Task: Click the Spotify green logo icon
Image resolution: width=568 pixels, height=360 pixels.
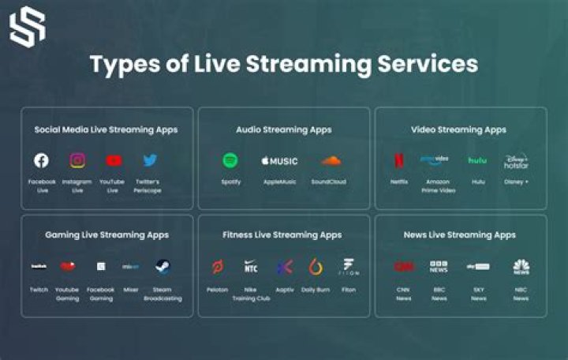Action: [x=230, y=160]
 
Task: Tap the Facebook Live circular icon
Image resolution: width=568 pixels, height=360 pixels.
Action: [x=41, y=160]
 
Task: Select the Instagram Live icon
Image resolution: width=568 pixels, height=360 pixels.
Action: [x=77, y=160]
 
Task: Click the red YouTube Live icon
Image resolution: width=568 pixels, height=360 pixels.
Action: [x=114, y=160]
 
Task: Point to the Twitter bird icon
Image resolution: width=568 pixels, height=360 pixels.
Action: [x=150, y=160]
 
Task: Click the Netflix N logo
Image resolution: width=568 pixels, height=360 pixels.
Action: [x=399, y=160]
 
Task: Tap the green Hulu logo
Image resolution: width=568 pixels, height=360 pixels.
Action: [x=477, y=160]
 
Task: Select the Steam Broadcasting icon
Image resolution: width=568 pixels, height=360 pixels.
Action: [x=163, y=267]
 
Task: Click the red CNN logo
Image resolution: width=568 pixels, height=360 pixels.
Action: [x=403, y=267]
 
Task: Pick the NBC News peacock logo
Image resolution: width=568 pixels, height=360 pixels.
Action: [x=521, y=267]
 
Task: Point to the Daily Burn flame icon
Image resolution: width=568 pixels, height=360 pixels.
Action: [x=316, y=267]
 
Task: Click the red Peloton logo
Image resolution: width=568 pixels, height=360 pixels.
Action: [x=217, y=267]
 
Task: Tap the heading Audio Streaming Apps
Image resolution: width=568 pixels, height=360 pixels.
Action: [x=283, y=129]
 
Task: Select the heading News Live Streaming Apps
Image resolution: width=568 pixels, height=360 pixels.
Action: [x=460, y=234]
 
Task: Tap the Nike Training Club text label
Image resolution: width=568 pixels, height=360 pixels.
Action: [x=251, y=294]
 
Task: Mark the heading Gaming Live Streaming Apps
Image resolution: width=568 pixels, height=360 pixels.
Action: [x=106, y=234]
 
